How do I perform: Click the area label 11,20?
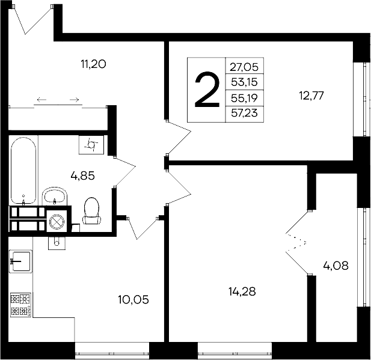click(93, 63)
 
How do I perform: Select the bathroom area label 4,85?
click(83, 176)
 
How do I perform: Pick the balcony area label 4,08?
click(336, 264)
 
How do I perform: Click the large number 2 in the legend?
click(206, 90)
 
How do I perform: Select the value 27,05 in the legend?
click(244, 68)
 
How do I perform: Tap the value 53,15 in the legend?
click(244, 82)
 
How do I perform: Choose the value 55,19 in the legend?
click(244, 97)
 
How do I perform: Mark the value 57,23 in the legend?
click(244, 112)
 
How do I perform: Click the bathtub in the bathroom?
click(23, 170)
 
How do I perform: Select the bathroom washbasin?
click(55, 195)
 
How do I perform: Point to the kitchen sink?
click(20, 263)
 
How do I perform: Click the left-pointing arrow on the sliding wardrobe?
click(41, 99)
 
